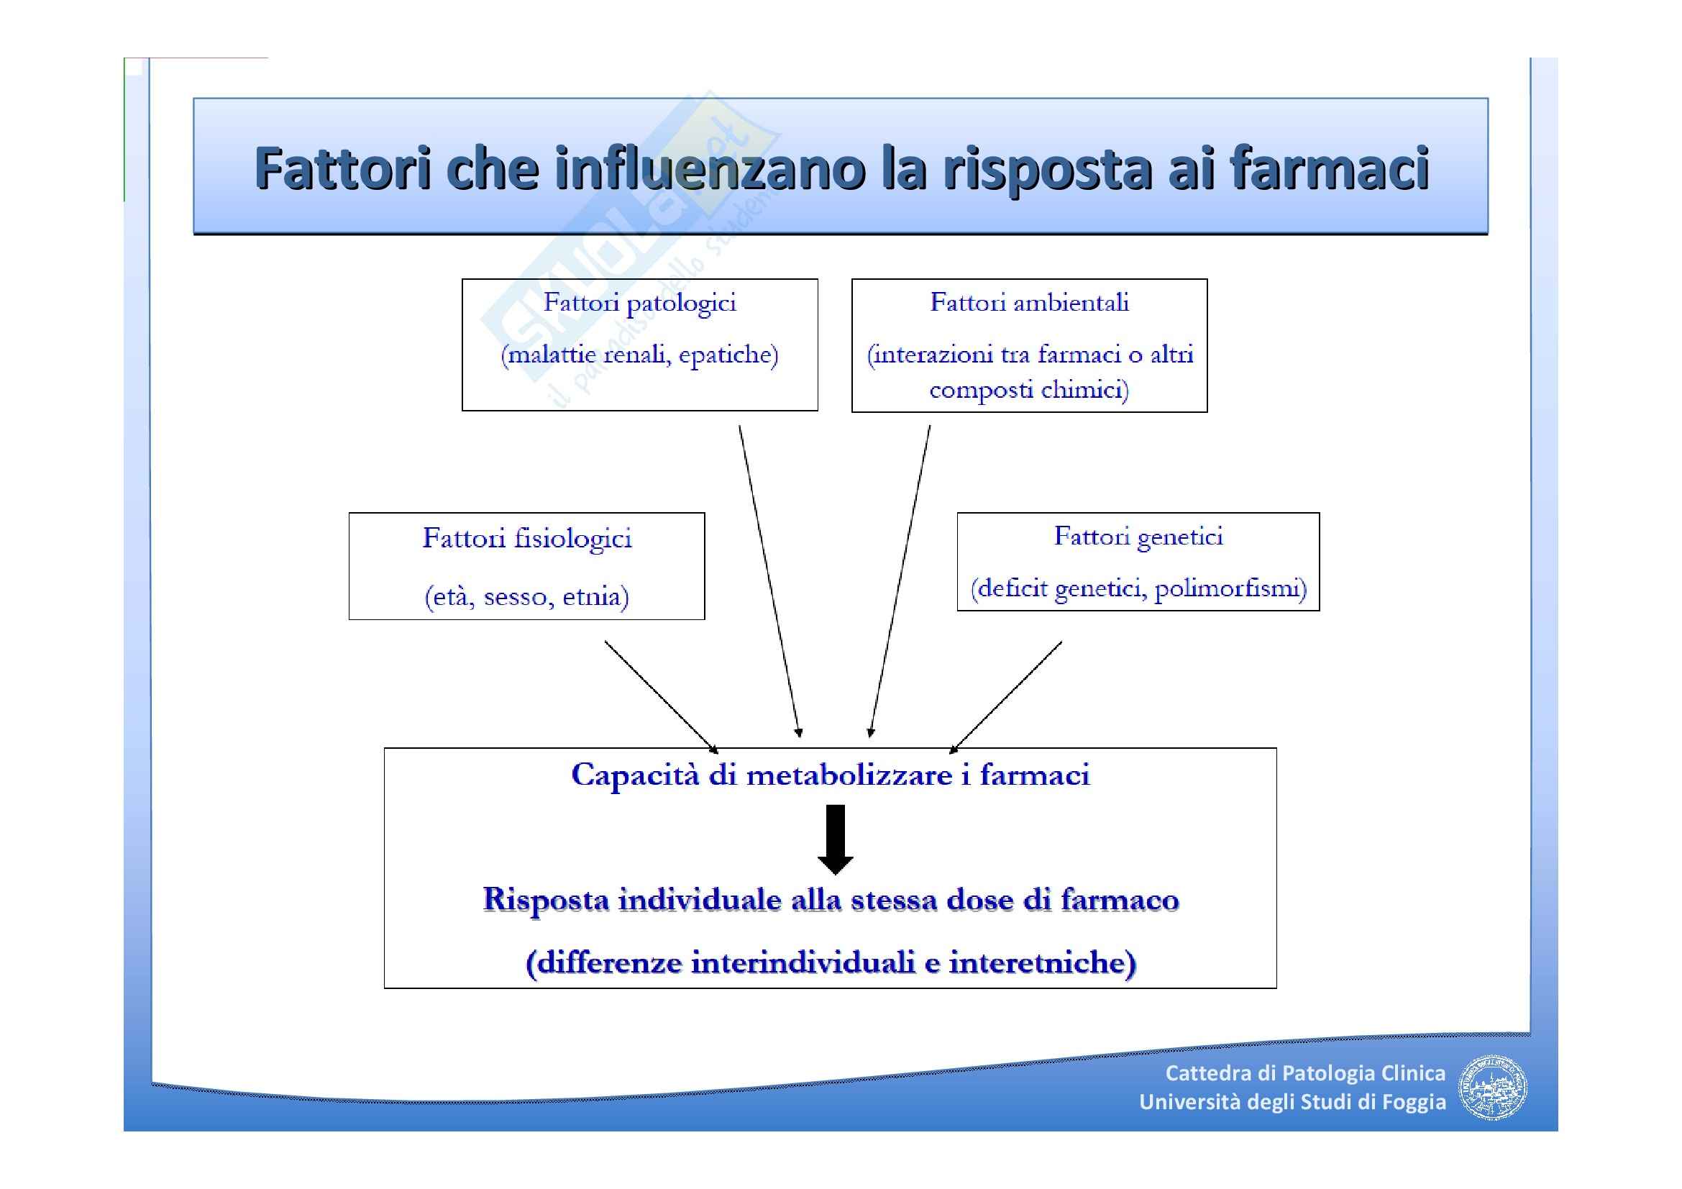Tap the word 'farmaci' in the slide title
point(1330,168)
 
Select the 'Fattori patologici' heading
point(639,303)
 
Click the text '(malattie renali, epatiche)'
point(639,355)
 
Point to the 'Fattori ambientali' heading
point(1029,303)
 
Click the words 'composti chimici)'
point(1029,389)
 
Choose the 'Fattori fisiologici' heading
point(526,539)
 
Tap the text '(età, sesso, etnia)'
point(526,596)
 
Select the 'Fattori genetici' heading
point(1138,537)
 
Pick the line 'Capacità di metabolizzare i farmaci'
point(830,775)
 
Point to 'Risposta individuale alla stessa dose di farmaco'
point(831,900)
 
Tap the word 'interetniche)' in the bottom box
point(1043,962)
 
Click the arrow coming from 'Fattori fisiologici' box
point(660,696)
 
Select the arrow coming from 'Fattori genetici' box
point(1007,696)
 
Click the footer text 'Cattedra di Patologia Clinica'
point(1304,1073)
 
